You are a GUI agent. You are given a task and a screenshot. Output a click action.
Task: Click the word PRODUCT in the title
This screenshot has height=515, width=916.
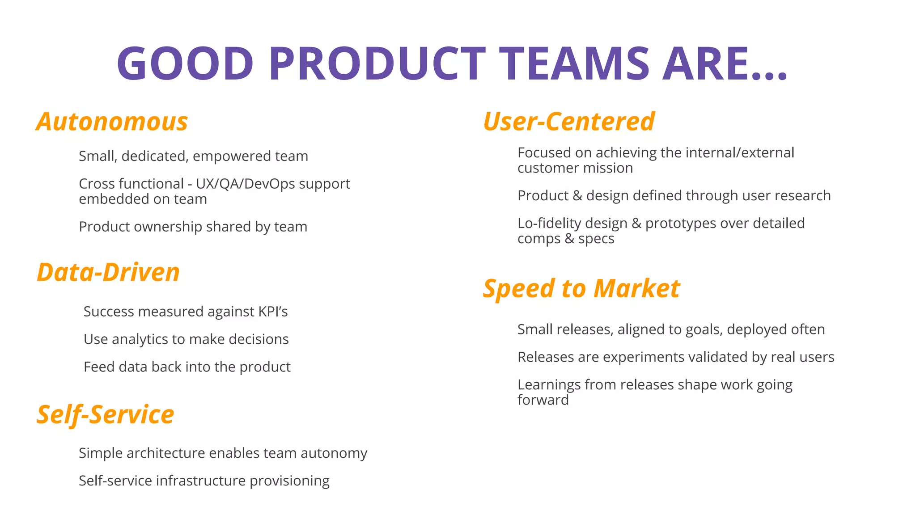[377, 63]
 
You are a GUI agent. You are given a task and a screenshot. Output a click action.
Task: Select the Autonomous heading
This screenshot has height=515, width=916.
[112, 122]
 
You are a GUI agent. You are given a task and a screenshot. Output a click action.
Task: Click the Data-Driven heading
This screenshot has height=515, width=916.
[108, 272]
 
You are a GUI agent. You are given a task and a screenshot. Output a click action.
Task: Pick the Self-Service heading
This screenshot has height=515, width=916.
[106, 414]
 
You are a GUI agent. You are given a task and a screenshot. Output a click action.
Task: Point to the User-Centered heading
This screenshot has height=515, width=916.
[569, 122]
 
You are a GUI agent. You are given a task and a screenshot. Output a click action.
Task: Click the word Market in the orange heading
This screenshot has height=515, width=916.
[637, 288]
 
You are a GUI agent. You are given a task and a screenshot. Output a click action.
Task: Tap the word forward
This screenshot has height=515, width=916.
[543, 400]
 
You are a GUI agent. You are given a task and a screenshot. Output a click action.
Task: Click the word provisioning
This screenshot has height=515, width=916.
[289, 481]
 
